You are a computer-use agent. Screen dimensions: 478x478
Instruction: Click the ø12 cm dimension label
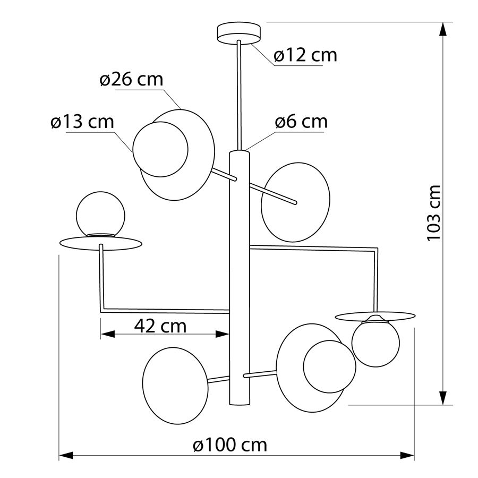(x=305, y=55)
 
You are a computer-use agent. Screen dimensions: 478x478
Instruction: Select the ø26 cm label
(x=131, y=79)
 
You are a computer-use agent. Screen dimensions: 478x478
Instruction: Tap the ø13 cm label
(x=82, y=122)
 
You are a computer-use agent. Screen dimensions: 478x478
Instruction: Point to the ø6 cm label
(x=301, y=121)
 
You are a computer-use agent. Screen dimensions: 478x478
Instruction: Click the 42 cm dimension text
(x=160, y=326)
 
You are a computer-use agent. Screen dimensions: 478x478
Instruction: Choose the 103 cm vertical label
(x=433, y=213)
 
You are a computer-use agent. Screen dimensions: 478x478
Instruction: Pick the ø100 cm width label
(x=230, y=445)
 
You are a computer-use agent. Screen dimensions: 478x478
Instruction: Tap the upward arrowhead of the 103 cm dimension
(x=443, y=30)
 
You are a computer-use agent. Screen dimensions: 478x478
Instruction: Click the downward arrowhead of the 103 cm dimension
(x=443, y=397)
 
